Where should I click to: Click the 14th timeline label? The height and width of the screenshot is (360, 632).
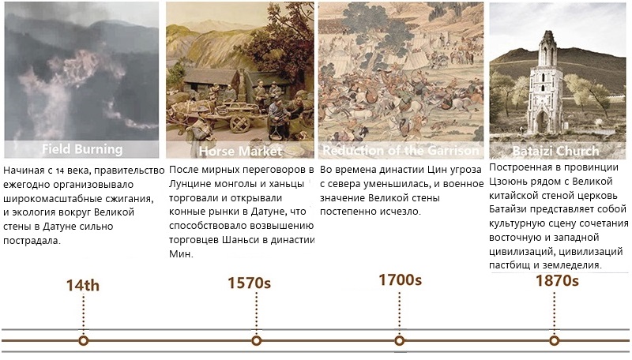[83, 285]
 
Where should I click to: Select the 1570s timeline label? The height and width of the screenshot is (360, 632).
[249, 283]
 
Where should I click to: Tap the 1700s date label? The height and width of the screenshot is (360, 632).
[400, 279]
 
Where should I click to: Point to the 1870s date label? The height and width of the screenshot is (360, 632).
[557, 280]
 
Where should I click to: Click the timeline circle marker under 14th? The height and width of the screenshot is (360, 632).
[84, 341]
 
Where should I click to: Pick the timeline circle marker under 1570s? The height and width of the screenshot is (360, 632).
[256, 341]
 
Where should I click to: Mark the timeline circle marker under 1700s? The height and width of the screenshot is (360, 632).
[400, 341]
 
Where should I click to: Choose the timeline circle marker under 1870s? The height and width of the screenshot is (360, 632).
[555, 341]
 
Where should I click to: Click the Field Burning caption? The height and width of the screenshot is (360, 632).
[82, 149]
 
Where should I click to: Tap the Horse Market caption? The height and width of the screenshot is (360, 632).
[241, 151]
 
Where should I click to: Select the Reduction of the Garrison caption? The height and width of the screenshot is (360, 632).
[401, 150]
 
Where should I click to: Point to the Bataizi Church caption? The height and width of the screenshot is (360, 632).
[555, 151]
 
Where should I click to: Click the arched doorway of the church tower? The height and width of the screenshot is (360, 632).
[542, 122]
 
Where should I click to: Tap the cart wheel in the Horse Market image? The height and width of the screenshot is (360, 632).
[240, 123]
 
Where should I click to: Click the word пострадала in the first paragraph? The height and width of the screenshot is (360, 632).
[32, 241]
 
